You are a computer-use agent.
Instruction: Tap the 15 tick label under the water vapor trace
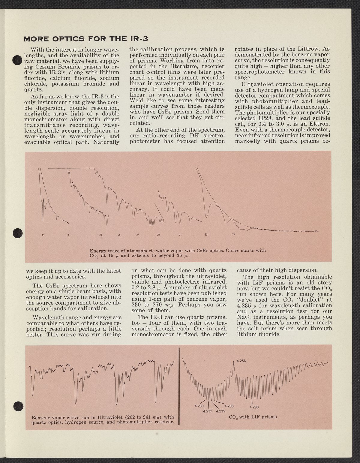click(43, 235)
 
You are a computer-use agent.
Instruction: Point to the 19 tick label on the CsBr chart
click(67, 235)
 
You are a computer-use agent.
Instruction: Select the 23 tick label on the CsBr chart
click(101, 235)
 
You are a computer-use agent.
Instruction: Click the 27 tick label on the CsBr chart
click(138, 235)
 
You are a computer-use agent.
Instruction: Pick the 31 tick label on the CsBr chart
click(180, 235)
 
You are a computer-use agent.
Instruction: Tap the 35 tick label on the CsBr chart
click(233, 234)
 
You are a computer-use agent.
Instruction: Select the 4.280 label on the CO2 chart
click(254, 407)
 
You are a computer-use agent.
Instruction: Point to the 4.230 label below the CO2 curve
click(199, 406)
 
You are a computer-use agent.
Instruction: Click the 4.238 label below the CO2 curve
click(229, 406)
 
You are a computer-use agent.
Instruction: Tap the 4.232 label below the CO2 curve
click(208, 411)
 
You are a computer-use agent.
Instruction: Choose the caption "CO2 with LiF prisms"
click(253, 417)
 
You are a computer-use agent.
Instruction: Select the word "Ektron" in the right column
click(319, 124)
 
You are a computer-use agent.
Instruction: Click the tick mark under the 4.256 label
click(234, 364)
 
